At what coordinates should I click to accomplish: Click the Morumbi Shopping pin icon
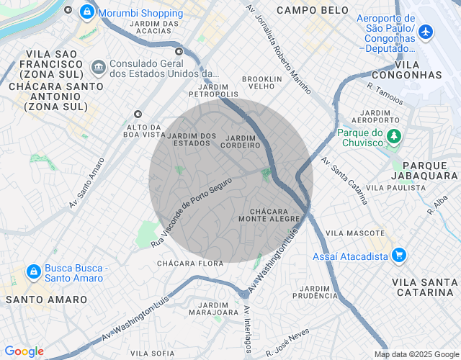[x=86, y=12]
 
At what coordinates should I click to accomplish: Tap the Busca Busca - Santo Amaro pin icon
[x=32, y=272]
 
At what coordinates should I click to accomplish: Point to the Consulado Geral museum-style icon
[x=97, y=68]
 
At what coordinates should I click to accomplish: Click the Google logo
[x=24, y=351]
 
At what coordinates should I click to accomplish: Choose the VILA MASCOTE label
[x=355, y=233]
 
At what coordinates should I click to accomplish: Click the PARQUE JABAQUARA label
[x=424, y=170]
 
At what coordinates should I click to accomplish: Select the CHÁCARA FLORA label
[x=190, y=264]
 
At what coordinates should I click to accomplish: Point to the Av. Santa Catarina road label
[x=345, y=180]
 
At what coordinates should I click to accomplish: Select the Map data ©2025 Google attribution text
[x=416, y=354]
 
